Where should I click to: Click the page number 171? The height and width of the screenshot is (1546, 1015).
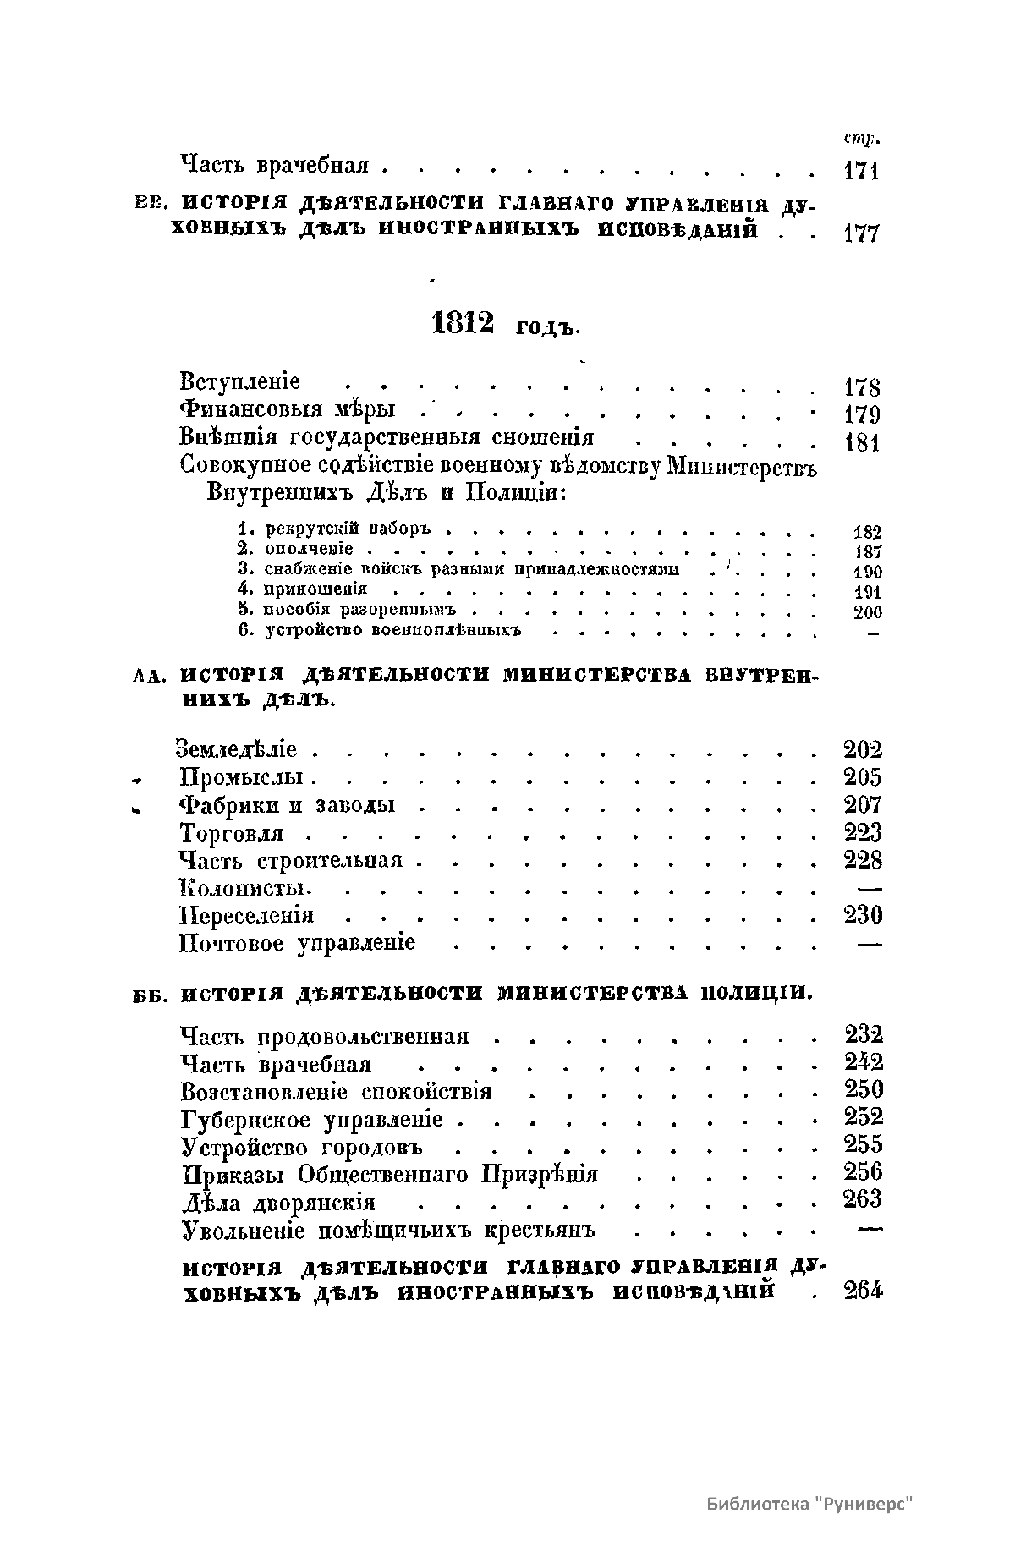[862, 171]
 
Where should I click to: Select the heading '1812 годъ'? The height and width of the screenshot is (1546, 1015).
[505, 324]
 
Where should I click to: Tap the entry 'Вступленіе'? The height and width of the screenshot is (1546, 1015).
[240, 382]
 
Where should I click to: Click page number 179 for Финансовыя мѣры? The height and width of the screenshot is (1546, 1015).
[862, 414]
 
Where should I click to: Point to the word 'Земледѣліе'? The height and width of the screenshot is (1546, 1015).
[237, 749]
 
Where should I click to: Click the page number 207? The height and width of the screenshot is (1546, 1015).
[863, 804]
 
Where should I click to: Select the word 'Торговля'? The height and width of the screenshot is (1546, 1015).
[232, 834]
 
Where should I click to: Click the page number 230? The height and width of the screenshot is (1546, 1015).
[863, 915]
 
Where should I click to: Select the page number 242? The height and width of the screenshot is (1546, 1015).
[863, 1062]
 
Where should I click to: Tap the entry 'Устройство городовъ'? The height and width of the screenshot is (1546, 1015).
[302, 1148]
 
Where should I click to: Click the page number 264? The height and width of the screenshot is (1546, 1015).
[863, 1291]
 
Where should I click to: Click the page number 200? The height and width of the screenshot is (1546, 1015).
[867, 612]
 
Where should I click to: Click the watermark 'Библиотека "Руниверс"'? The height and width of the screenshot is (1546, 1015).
[810, 1505]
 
